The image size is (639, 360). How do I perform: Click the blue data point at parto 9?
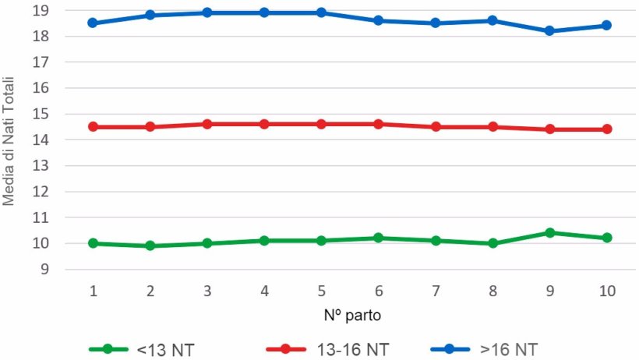(549, 31)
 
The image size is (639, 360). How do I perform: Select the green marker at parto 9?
(549, 233)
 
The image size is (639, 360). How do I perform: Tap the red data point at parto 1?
(93, 126)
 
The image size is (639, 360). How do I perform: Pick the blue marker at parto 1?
(93, 23)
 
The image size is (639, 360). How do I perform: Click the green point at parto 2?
(150, 245)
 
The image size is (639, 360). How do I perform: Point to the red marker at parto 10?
(607, 129)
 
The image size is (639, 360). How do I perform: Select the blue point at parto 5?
(321, 13)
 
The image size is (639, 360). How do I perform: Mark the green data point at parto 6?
(378, 238)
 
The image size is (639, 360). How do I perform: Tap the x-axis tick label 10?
(607, 291)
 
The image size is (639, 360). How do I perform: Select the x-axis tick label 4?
(264, 291)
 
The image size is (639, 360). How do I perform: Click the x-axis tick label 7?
(436, 291)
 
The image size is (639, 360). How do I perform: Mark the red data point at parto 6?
(378, 124)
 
